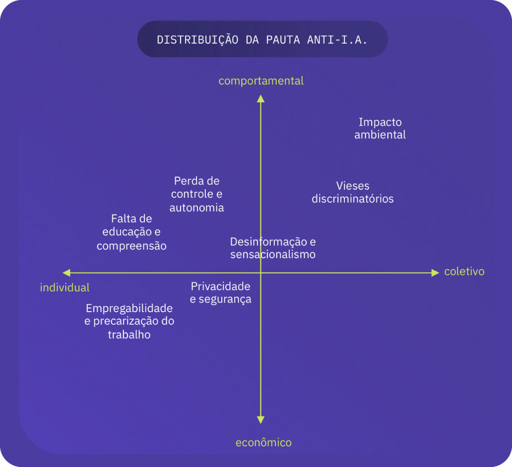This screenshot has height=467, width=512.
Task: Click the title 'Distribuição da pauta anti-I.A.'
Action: pos(262,40)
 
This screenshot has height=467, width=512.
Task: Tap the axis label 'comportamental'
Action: pos(261,81)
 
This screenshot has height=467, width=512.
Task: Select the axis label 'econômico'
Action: pos(263,443)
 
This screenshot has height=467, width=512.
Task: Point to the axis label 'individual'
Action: pos(65,288)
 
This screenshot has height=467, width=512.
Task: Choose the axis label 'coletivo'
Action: pos(464,272)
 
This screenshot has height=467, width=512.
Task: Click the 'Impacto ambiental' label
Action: pos(380,128)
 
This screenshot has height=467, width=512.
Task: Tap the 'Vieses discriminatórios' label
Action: pos(353,192)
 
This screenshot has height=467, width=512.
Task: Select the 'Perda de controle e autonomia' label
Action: pos(197,194)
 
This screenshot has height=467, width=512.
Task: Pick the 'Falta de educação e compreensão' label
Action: pos(131,232)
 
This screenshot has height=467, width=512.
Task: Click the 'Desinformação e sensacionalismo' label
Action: pos(273,248)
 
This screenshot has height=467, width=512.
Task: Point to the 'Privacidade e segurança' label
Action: pos(221,292)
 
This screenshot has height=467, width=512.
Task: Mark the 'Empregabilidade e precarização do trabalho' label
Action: pos(129,322)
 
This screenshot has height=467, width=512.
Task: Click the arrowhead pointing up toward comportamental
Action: pos(261,98)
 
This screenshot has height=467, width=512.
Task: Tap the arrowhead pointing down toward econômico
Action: pos(261,419)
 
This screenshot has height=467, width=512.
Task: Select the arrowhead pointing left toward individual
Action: pos(67,273)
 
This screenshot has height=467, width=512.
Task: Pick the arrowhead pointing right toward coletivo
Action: pos(435,273)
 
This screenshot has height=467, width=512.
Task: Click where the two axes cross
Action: pos(261,273)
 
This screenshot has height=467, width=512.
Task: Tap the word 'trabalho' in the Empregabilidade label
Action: pos(129,335)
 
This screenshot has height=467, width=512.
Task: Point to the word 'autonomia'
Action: pos(197,208)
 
